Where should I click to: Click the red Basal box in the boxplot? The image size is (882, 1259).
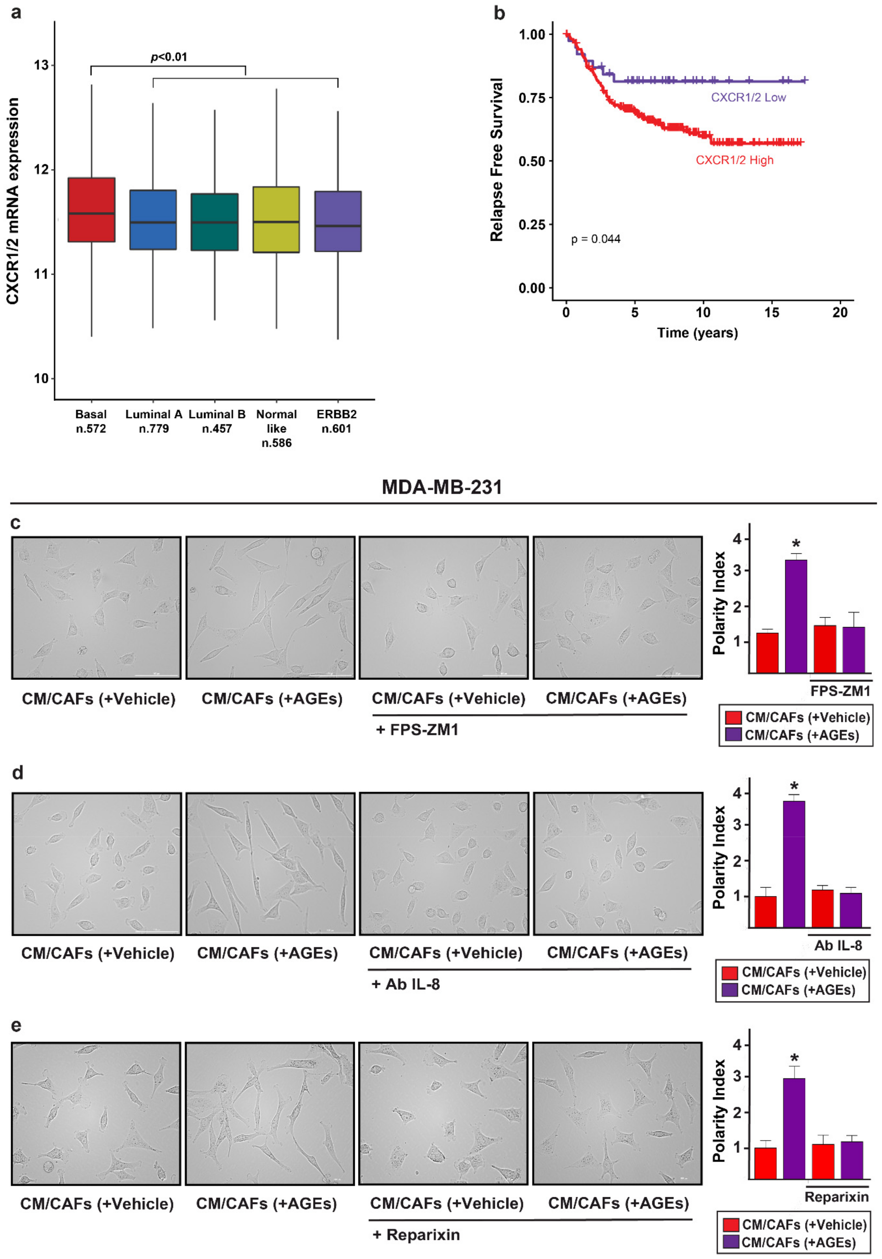click(91, 209)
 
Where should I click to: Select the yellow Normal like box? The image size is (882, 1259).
click(276, 219)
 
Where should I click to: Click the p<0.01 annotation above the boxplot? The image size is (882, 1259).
click(169, 57)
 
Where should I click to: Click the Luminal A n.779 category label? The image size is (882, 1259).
click(154, 421)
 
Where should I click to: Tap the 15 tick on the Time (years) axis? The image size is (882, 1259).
click(771, 312)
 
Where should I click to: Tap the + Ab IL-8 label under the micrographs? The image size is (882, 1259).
click(406, 984)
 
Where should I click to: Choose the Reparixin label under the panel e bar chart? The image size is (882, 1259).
click(836, 1197)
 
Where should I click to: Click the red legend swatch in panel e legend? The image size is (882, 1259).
click(731, 1225)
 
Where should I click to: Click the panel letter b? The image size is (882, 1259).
click(499, 13)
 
